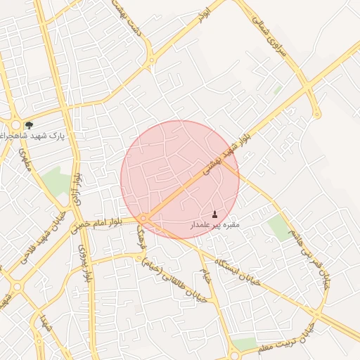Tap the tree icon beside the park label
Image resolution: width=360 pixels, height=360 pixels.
click(x=29, y=125)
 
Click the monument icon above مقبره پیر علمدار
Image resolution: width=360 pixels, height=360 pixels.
click(x=215, y=214)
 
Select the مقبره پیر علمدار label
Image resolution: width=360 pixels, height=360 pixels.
click(x=215, y=225)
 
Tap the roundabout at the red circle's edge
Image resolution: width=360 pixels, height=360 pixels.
click(x=143, y=219)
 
